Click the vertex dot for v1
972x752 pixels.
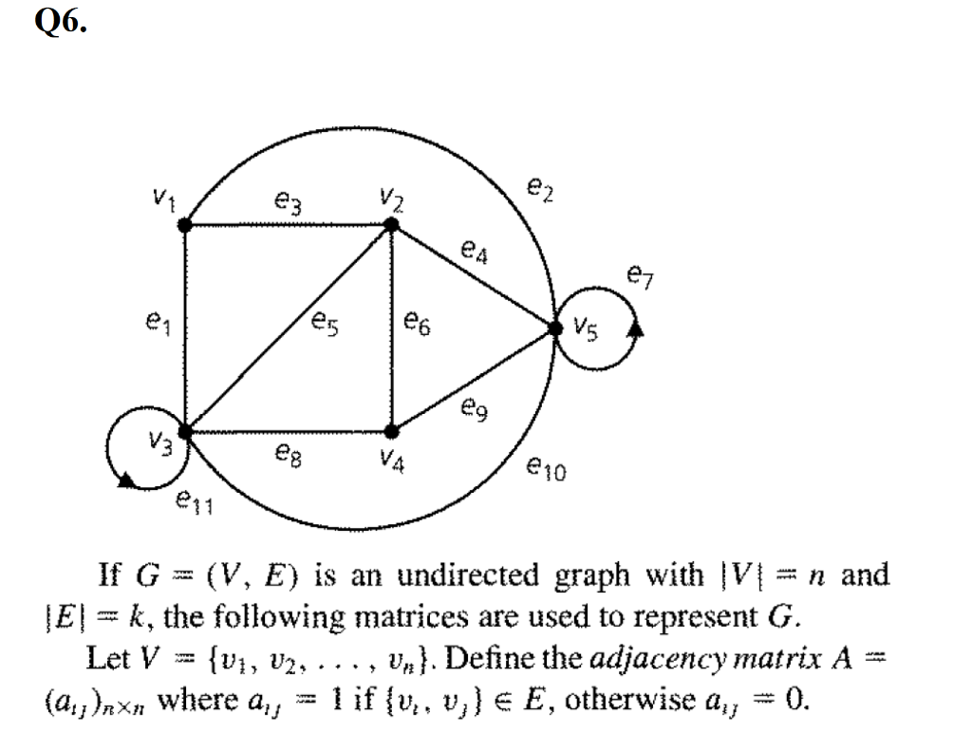[x=185, y=225]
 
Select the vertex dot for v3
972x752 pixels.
[x=185, y=432]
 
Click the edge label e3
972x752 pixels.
[x=285, y=201]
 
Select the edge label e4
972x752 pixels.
[x=473, y=251]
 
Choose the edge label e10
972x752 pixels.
[x=548, y=466]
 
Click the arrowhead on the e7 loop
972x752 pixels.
[x=637, y=329]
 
